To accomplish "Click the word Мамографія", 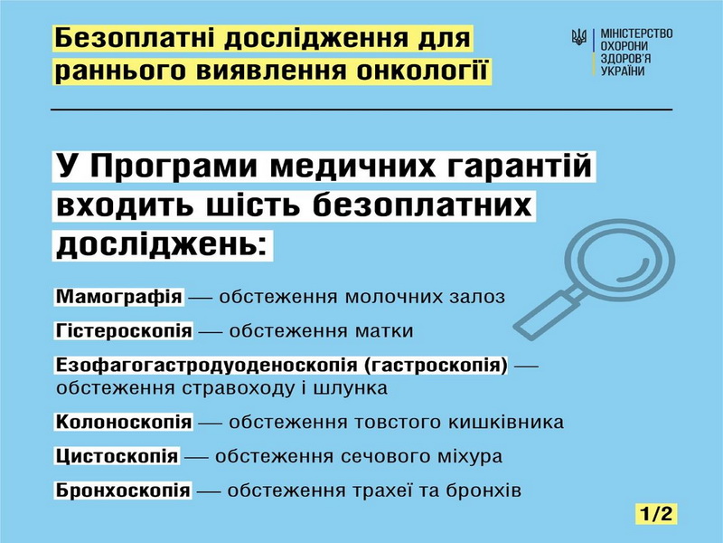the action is (x=119, y=297).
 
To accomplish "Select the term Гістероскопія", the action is (x=124, y=330).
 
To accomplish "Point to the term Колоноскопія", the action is (x=124, y=422).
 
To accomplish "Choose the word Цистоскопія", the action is (x=117, y=456).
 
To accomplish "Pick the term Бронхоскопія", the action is (x=123, y=490).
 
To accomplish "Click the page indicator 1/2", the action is (x=656, y=513).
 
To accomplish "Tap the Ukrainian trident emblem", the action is (x=578, y=36).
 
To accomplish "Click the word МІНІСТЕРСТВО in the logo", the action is (x=636, y=33).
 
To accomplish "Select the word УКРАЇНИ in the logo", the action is (x=623, y=71).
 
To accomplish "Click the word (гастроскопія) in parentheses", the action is (x=436, y=365).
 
